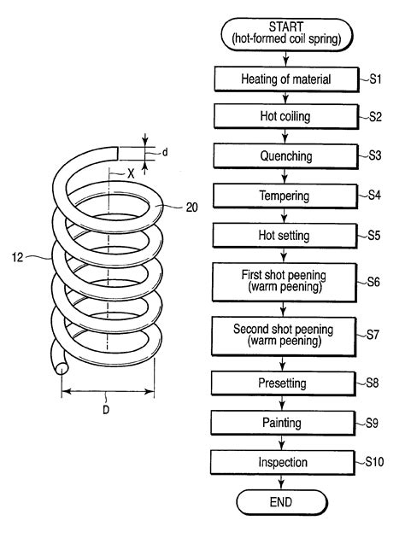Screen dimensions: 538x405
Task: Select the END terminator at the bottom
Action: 281,502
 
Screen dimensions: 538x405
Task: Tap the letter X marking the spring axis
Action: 131,173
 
